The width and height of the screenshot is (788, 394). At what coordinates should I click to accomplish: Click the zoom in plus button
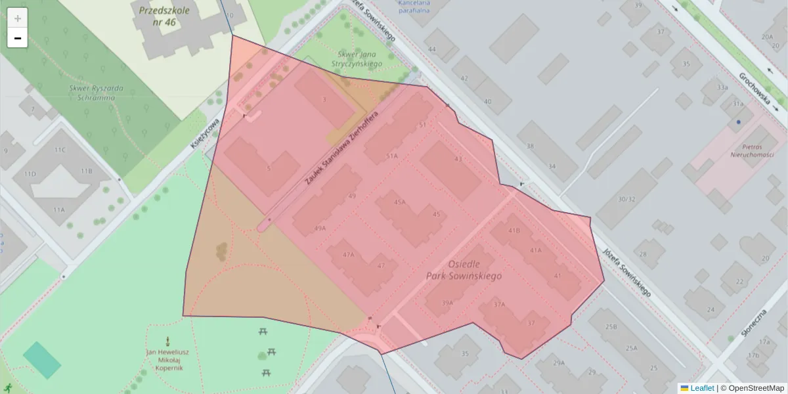pyautogui.click(x=17, y=18)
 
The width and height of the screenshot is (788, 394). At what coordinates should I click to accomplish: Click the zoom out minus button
pyautogui.click(x=17, y=38)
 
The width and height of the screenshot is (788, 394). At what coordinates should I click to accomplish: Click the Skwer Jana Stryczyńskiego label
pyautogui.click(x=359, y=59)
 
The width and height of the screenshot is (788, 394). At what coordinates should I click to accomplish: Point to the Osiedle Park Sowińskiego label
pyautogui.click(x=464, y=269)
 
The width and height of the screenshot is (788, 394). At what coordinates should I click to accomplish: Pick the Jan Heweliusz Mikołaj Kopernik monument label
pyautogui.click(x=167, y=359)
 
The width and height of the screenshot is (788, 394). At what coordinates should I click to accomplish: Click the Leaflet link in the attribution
pyautogui.click(x=701, y=388)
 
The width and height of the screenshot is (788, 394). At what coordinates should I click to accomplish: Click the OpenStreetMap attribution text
pyautogui.click(x=752, y=388)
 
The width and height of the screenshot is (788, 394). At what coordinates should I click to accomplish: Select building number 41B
pyautogui.click(x=514, y=230)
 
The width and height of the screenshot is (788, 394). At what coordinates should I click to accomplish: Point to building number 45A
pyautogui.click(x=399, y=203)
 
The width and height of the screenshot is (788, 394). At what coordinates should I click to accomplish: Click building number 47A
pyautogui.click(x=349, y=254)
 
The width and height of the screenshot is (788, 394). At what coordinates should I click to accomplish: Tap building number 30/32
pyautogui.click(x=627, y=199)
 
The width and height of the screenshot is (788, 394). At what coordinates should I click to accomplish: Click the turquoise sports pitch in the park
pyautogui.click(x=42, y=360)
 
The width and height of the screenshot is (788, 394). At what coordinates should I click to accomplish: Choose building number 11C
pyautogui.click(x=60, y=150)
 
